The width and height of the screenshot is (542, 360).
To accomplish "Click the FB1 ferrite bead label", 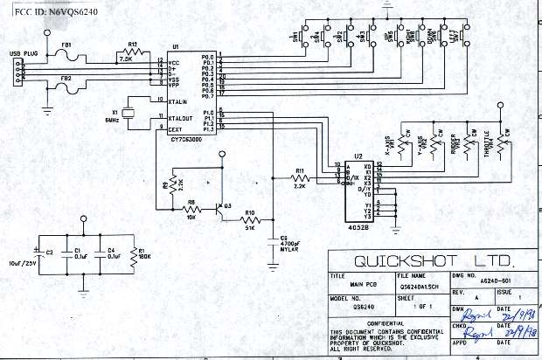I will click(66, 45).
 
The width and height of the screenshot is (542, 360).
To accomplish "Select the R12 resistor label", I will click(132, 43).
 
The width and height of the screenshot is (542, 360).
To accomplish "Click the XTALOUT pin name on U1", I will click(180, 117).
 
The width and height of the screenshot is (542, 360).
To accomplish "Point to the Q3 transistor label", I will click(227, 204).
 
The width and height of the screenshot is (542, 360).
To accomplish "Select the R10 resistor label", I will click(249, 212).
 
